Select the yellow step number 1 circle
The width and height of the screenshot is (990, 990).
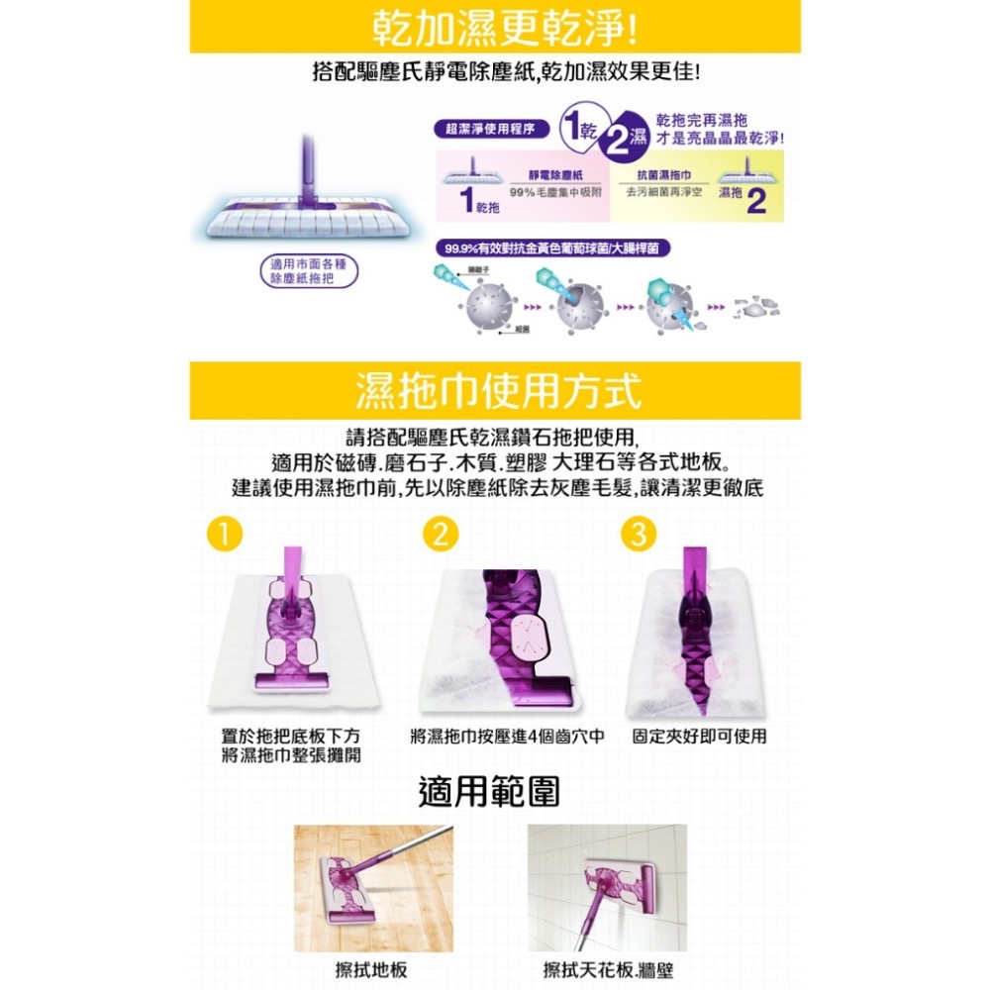226,535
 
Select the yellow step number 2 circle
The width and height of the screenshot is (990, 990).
440,535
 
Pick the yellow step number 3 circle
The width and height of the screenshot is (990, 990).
639,535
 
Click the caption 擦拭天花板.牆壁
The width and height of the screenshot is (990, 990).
608,969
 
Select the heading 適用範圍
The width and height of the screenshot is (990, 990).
489,791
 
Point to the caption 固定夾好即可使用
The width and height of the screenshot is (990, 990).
699,737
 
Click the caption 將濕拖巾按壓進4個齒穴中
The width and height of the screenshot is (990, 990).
507,737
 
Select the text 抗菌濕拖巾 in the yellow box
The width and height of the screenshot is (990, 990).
662,174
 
